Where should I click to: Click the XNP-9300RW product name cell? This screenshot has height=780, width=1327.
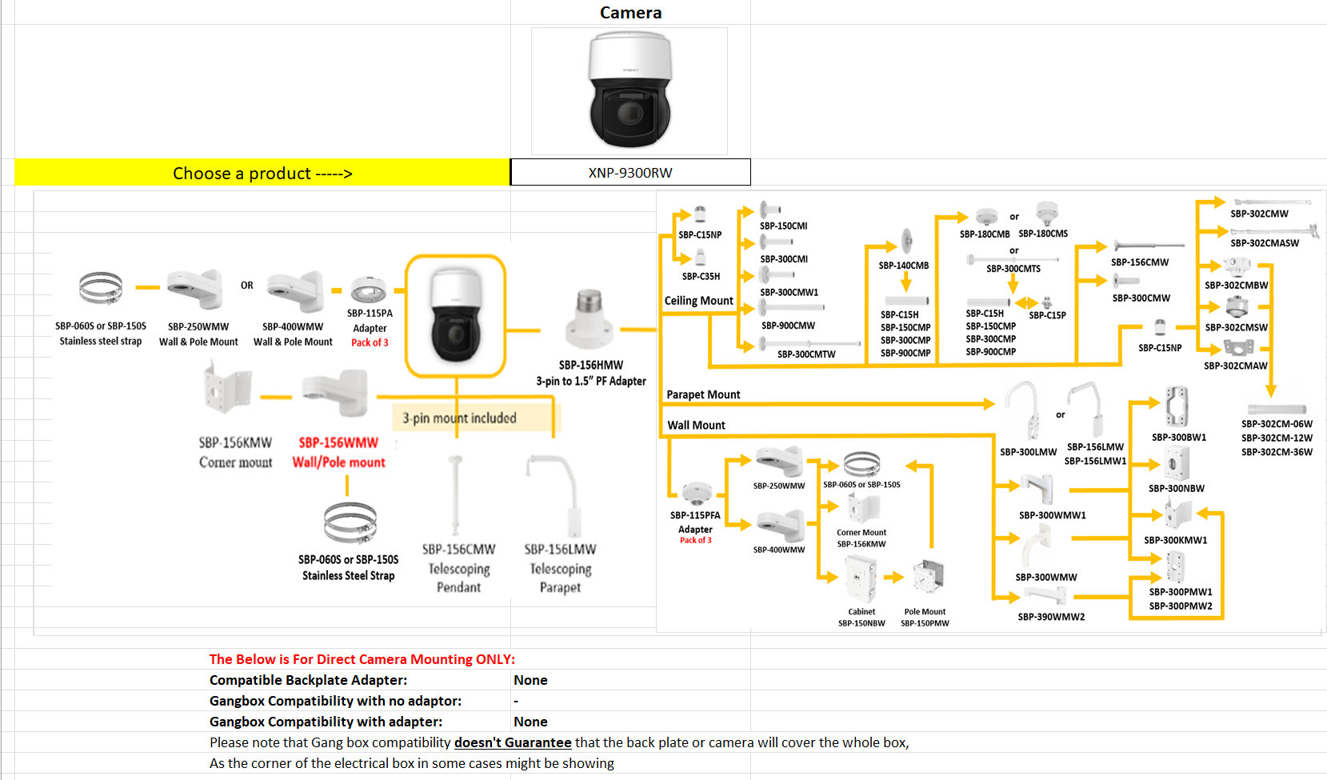[630, 173]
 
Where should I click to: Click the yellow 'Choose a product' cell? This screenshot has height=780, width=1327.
[262, 173]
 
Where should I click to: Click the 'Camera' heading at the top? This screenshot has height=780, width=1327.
[630, 13]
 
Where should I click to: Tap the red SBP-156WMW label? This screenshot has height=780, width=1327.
[338, 442]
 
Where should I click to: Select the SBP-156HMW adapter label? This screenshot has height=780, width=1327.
[590, 365]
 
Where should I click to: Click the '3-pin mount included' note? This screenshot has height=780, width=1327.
[459, 418]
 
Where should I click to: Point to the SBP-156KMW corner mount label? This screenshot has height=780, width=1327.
[235, 442]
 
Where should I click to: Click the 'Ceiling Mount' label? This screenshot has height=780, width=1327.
[698, 301]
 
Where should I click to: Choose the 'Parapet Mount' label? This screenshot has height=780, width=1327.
[703, 394]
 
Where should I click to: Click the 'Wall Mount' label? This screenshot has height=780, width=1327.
[696, 425]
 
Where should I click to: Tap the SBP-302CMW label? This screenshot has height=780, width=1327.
[1259, 214]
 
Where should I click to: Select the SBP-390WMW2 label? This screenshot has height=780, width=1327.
[1051, 617]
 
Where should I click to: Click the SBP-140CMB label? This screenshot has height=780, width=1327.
[903, 266]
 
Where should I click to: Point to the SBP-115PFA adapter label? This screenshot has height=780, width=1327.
[695, 515]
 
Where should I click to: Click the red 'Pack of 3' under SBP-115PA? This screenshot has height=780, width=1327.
[370, 342]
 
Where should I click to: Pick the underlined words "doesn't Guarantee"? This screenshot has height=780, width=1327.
[513, 742]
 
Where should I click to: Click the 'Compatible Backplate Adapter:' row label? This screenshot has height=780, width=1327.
[308, 680]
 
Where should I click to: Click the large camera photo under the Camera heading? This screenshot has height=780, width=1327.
[630, 91]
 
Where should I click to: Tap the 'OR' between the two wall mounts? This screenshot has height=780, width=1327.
[246, 286]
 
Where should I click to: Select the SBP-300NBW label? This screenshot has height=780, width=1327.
[1176, 488]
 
